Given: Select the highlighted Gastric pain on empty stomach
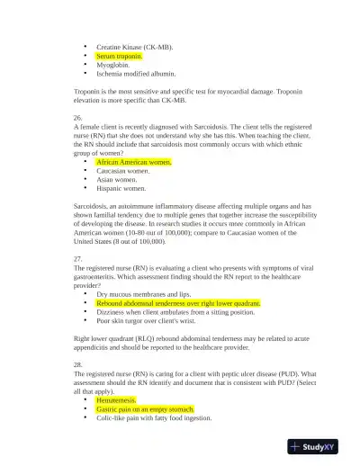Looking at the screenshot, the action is pos(144,408).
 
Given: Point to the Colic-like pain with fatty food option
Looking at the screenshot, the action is pos(154,417).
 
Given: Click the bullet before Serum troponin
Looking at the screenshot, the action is pos(85,56).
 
